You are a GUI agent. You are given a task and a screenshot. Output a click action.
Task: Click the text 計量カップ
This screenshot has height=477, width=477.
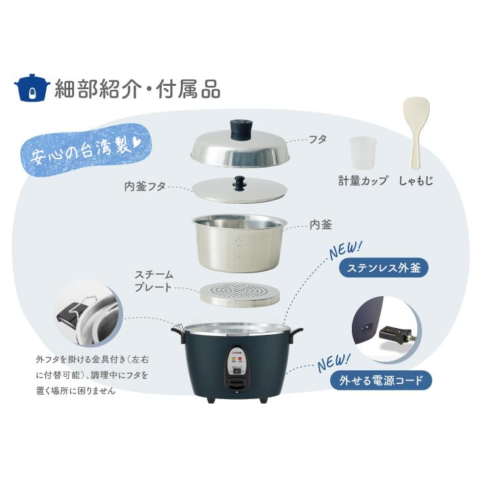pyautogui.click(x=362, y=180)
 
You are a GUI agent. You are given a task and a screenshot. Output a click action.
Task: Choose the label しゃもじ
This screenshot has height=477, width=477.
pyautogui.click(x=416, y=180)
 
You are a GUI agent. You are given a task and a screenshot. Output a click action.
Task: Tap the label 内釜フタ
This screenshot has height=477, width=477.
pyautogui.click(x=145, y=186)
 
